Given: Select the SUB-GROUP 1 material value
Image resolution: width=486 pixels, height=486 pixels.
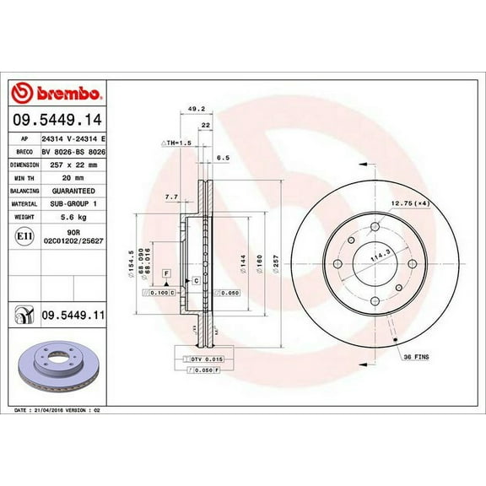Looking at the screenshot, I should [73, 204].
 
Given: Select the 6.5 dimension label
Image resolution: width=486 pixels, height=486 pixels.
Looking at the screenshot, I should [223, 157].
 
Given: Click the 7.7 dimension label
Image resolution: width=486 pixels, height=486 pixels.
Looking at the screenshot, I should [171, 197].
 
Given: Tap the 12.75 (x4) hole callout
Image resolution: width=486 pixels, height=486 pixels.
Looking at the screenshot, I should [408, 203].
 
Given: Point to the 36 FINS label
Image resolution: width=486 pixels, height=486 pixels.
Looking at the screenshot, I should [415, 357].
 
